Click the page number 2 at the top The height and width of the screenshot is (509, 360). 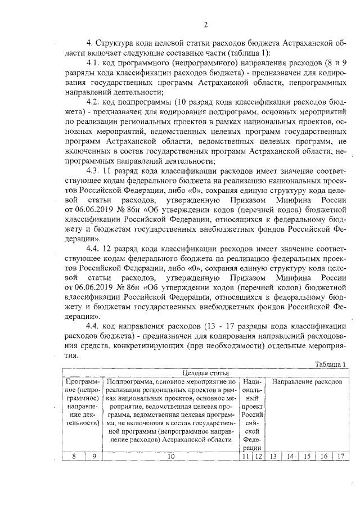[x=206, y=24]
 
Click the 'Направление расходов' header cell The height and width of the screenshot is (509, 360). [x=307, y=381]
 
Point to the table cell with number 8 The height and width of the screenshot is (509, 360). [x=74, y=457]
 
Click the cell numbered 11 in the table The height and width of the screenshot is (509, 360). [x=245, y=457]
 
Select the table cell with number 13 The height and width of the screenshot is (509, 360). [x=273, y=457]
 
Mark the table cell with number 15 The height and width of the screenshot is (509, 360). [x=307, y=457]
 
